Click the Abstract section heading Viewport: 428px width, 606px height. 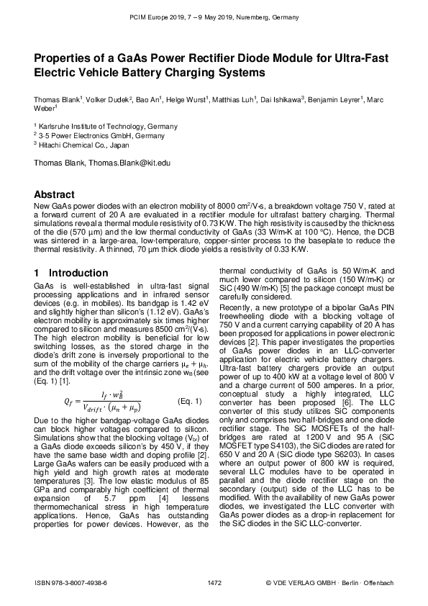point(55,194)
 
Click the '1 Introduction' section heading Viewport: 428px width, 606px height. point(71,273)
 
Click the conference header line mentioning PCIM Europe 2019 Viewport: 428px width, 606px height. point(214,16)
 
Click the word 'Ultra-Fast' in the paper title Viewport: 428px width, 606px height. point(358,58)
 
